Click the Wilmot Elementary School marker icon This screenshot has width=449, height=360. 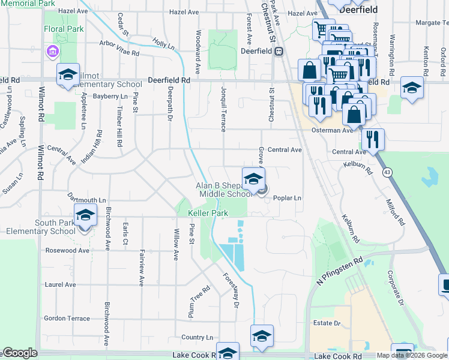[68, 75]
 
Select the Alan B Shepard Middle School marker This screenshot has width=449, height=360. [253, 178]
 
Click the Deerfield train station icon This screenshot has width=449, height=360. [279, 52]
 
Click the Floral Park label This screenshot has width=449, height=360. [63, 28]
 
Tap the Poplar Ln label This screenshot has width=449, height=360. [287, 197]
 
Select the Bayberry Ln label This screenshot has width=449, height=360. [110, 96]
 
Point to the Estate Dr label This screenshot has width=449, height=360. [327, 323]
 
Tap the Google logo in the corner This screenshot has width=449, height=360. [20, 353]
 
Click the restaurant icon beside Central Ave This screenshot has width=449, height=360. [373, 140]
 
